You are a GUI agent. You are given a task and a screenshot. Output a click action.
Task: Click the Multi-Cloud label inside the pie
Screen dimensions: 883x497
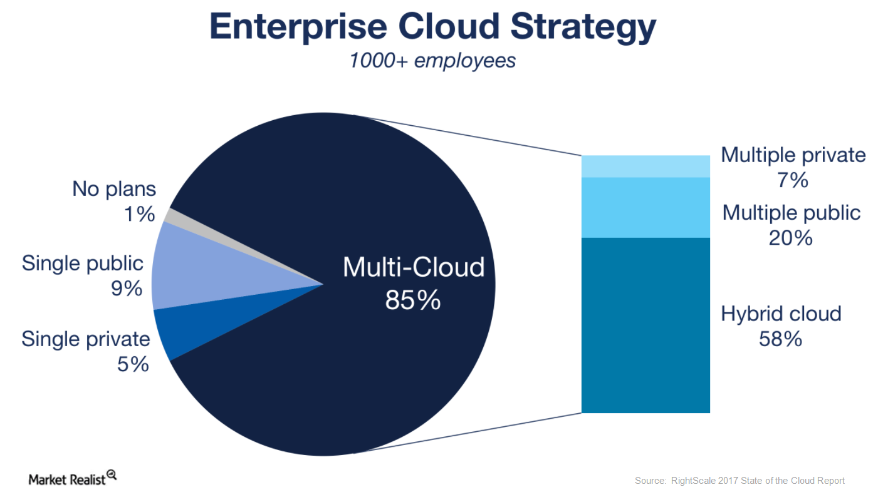click(x=414, y=267)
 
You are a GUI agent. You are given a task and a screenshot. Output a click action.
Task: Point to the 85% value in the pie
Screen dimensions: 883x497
click(x=413, y=300)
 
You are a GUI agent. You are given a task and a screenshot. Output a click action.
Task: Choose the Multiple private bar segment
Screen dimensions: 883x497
click(x=645, y=167)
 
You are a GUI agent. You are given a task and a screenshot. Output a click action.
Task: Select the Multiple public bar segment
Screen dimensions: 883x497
click(x=645, y=208)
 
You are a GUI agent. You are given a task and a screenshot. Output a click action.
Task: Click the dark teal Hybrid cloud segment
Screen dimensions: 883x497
click(x=645, y=325)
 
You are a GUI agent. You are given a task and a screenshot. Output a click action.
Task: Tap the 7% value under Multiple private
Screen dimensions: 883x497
click(x=793, y=181)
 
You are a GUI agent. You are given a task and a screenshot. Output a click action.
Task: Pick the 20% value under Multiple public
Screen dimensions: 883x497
click(x=791, y=238)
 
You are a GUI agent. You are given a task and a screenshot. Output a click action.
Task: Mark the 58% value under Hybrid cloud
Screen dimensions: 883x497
click(x=780, y=339)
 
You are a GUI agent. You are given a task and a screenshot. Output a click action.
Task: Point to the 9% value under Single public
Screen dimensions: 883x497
click(x=127, y=289)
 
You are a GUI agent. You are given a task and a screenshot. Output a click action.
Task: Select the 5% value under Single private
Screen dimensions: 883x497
click(x=133, y=364)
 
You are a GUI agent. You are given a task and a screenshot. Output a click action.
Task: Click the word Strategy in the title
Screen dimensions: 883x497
click(x=583, y=28)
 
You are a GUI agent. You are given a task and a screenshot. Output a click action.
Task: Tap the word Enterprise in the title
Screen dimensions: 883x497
click(x=298, y=28)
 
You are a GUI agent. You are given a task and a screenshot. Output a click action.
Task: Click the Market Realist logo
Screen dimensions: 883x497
click(x=73, y=478)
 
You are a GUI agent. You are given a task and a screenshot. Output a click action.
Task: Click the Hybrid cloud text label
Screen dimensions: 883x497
click(x=781, y=314)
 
